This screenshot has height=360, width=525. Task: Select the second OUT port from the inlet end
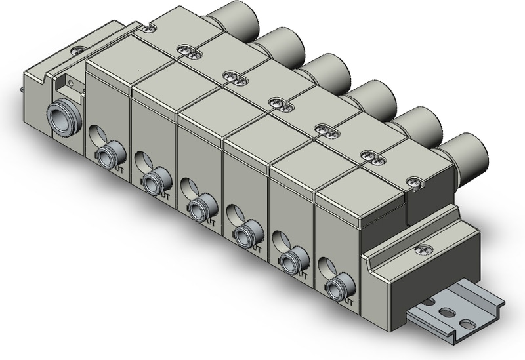tap(153, 180)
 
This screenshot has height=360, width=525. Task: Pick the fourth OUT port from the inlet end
tap(244, 233)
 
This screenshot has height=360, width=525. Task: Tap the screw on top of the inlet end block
tap(79, 50)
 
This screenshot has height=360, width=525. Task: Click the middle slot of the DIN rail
tap(449, 313)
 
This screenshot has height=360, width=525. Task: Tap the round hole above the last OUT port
tap(324, 266)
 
